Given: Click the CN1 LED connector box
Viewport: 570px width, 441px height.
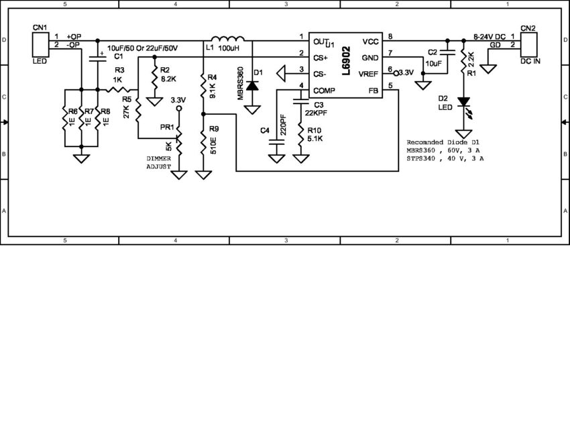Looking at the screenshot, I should [x=40, y=45].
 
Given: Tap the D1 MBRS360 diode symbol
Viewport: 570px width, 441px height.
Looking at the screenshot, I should [x=253, y=86].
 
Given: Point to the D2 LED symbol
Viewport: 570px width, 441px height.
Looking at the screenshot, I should [x=463, y=103].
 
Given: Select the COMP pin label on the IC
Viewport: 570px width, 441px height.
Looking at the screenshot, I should [x=325, y=89].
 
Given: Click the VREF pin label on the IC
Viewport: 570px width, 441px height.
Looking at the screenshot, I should [x=369, y=74].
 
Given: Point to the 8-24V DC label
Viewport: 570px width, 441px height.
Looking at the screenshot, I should [x=489, y=36].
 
